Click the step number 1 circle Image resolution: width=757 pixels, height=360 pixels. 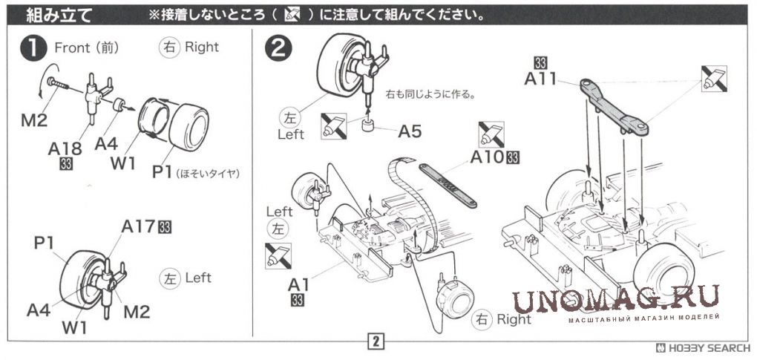(34, 48)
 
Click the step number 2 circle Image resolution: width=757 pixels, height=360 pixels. (278, 48)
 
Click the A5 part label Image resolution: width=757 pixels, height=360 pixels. (410, 131)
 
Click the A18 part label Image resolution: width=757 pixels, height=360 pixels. (65, 148)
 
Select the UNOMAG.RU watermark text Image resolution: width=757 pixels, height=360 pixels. (616, 301)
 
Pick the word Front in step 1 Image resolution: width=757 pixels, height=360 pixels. (71, 48)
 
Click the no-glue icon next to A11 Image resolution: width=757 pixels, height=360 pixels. (714, 79)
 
